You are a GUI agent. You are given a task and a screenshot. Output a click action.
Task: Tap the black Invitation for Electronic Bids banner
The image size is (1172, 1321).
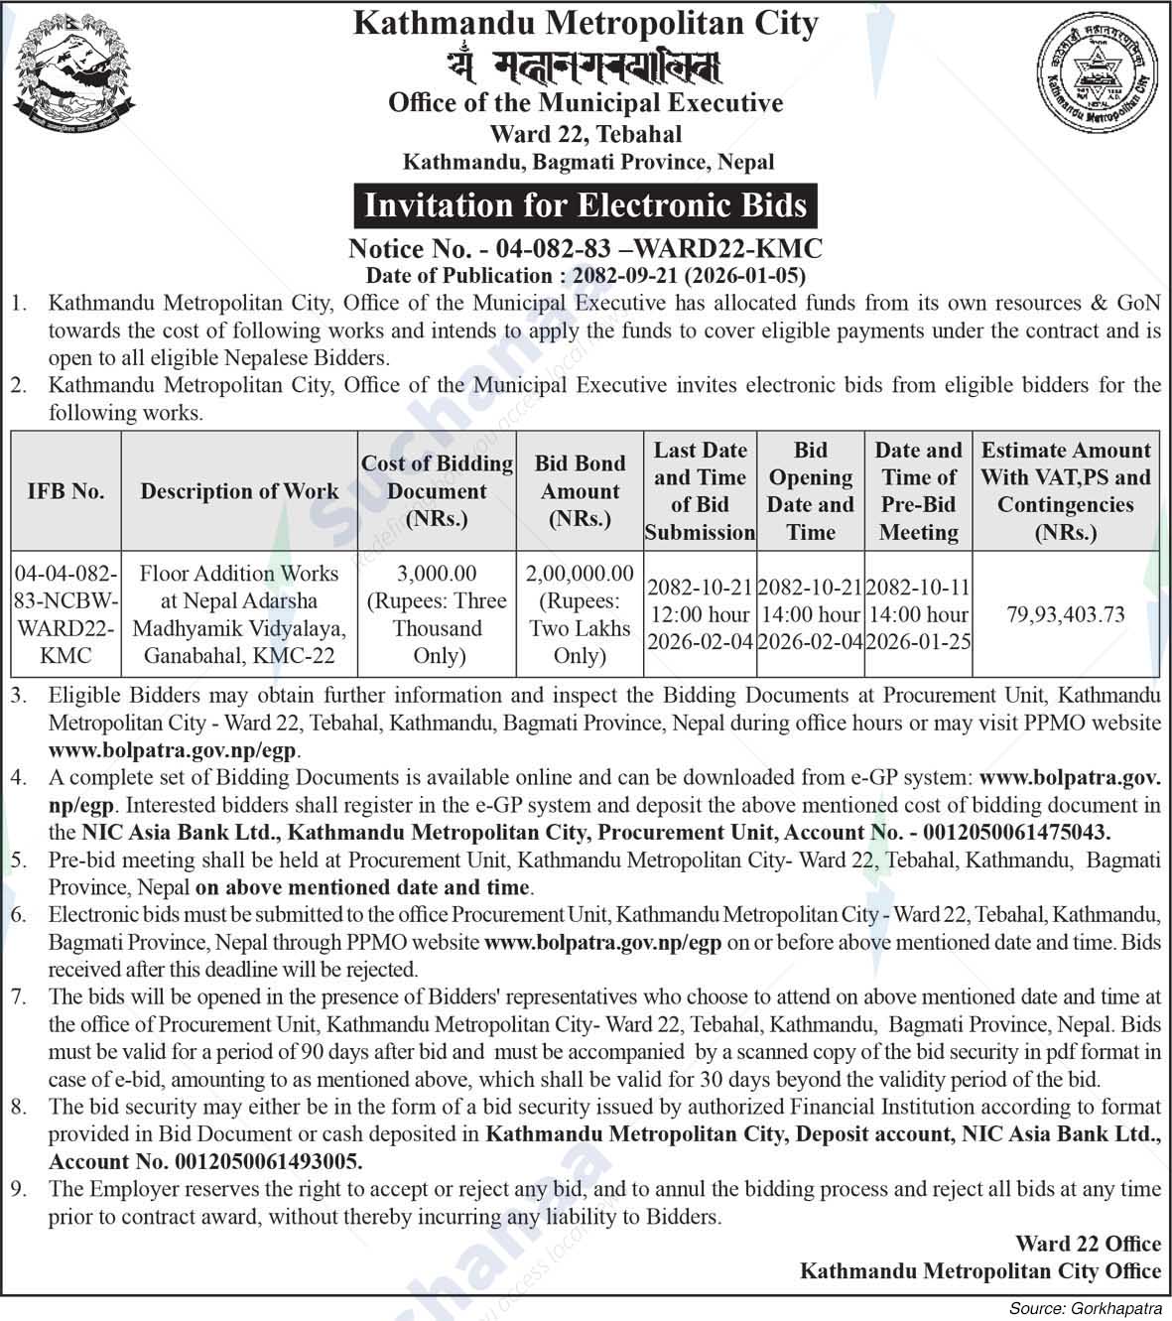coord(586,205)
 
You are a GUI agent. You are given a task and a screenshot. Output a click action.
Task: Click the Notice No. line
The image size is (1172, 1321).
coord(586,248)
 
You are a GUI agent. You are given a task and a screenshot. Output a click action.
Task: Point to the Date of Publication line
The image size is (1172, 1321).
coord(586,275)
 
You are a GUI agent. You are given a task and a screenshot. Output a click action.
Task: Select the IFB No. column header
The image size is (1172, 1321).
coord(65,491)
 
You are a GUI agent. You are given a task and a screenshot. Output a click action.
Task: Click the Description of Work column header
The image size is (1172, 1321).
coord(239,491)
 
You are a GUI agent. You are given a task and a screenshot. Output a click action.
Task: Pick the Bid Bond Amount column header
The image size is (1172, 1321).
coord(581,491)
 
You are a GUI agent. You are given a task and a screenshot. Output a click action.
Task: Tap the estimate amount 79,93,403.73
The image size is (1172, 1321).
coord(1066,614)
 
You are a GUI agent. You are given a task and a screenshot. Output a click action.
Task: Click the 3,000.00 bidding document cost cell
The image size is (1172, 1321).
coord(437,574)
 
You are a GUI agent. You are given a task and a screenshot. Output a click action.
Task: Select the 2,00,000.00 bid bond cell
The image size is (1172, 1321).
coord(581,574)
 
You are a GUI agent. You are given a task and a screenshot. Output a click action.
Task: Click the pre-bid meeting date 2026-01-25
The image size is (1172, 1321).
coord(919,642)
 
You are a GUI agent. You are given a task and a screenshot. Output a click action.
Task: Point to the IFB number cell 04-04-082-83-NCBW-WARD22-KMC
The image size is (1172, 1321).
coord(65,614)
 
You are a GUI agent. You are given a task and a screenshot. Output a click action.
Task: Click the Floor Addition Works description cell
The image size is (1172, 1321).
coord(239,614)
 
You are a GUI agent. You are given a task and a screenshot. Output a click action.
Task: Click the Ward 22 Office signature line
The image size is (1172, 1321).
coord(1088,1244)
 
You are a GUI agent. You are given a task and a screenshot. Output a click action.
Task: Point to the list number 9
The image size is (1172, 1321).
coord(19,1189)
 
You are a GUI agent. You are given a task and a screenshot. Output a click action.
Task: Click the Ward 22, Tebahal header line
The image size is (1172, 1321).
coord(586,133)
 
